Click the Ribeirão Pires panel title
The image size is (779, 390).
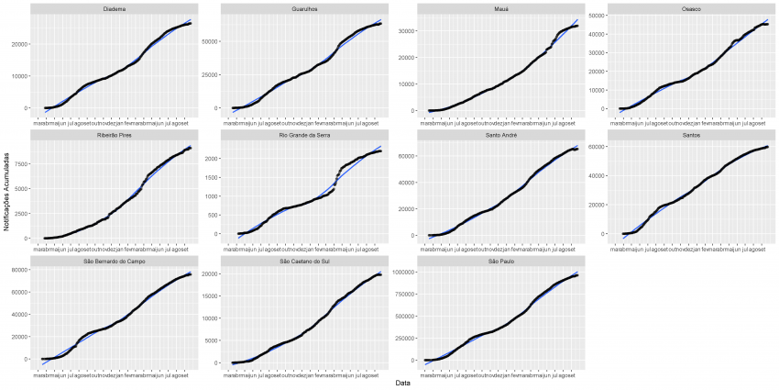(x=115, y=135)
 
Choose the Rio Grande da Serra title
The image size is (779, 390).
(x=307, y=135)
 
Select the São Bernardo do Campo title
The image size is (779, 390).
(x=115, y=262)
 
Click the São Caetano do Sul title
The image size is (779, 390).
(x=307, y=262)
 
